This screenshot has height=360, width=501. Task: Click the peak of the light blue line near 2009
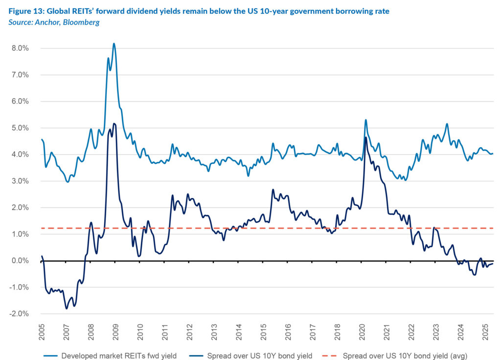click(x=114, y=44)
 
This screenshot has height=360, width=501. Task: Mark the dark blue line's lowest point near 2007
click(x=67, y=309)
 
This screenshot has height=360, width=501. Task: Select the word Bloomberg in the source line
click(x=82, y=22)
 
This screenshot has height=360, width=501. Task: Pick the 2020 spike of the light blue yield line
click(x=366, y=120)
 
